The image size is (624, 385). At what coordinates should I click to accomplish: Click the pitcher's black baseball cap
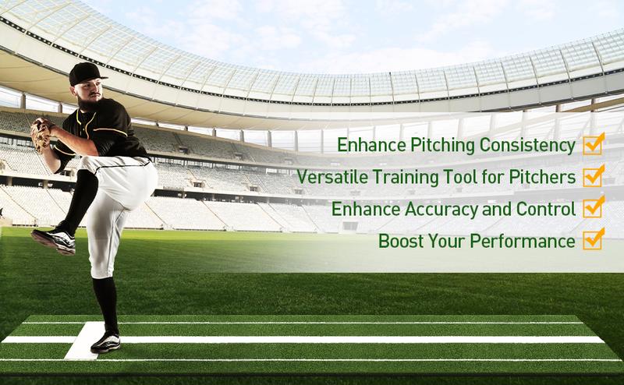tap(87, 73)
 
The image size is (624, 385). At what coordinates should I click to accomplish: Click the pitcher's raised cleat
tap(54, 239)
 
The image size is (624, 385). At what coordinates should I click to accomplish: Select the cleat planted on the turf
tap(106, 342)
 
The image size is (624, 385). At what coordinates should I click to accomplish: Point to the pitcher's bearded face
tap(90, 95)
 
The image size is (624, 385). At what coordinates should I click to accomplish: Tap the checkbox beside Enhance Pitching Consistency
tap(594, 144)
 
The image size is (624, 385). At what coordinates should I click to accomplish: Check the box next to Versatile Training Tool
tap(594, 176)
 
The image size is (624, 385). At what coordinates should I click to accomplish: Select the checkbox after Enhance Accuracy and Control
tap(594, 207)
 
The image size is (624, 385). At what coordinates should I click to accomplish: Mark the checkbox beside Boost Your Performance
tap(594, 239)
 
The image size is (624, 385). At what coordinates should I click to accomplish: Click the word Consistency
tap(527, 145)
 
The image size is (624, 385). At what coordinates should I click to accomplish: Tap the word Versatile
tap(333, 177)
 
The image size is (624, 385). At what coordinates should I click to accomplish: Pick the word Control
tap(545, 209)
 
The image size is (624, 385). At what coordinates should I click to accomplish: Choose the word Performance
tap(523, 241)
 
